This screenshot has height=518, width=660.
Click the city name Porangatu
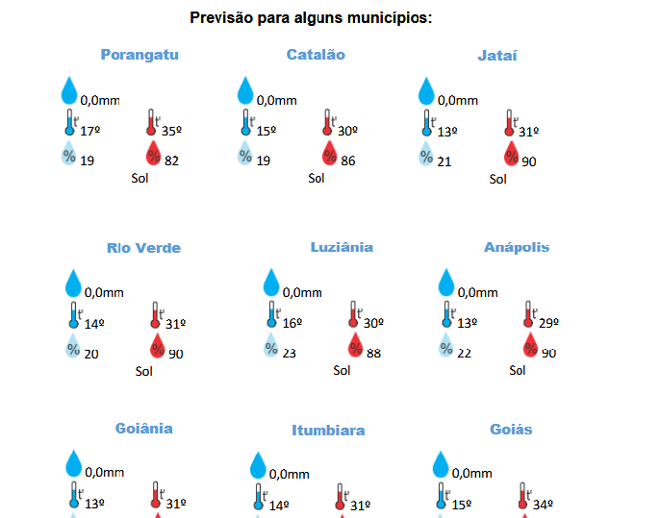pos(140,55)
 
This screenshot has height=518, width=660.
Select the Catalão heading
pos(316,55)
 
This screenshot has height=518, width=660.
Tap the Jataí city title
pos(497,56)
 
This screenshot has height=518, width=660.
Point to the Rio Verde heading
pos(143,248)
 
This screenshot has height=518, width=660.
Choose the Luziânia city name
pos(342,247)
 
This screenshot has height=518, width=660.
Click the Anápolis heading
pos(517,247)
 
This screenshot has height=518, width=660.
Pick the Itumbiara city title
pos(328,431)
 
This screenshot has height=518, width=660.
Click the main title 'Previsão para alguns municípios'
pos(311,18)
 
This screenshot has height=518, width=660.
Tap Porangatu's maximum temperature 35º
pos(172,131)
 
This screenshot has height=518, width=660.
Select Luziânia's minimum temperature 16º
pos(292,324)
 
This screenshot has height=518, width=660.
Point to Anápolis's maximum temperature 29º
pos(547,324)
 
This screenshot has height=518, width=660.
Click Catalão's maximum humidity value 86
pos(347,160)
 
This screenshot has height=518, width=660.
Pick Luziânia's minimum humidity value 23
pos(289,354)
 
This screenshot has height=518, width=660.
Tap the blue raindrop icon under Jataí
pos(427,91)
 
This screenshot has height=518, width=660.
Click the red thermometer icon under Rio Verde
pos(155,315)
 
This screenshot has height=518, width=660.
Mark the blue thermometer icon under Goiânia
pos(73,496)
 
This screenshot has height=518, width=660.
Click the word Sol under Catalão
pos(317,178)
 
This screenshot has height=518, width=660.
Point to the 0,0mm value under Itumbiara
pos(289,474)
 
